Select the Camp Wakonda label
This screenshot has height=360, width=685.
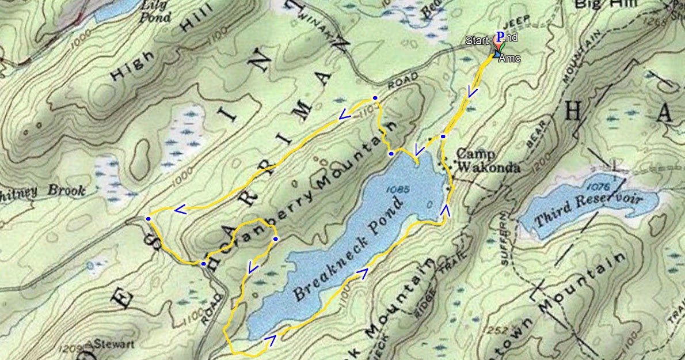(488, 161)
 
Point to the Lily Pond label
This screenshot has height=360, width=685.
(155, 10)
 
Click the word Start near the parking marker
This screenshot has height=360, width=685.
(477, 40)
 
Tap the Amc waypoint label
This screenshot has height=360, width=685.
(510, 59)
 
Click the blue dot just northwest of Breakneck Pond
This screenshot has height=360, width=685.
(391, 154)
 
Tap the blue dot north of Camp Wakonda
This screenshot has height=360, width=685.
(443, 137)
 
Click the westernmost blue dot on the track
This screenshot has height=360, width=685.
(149, 219)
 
